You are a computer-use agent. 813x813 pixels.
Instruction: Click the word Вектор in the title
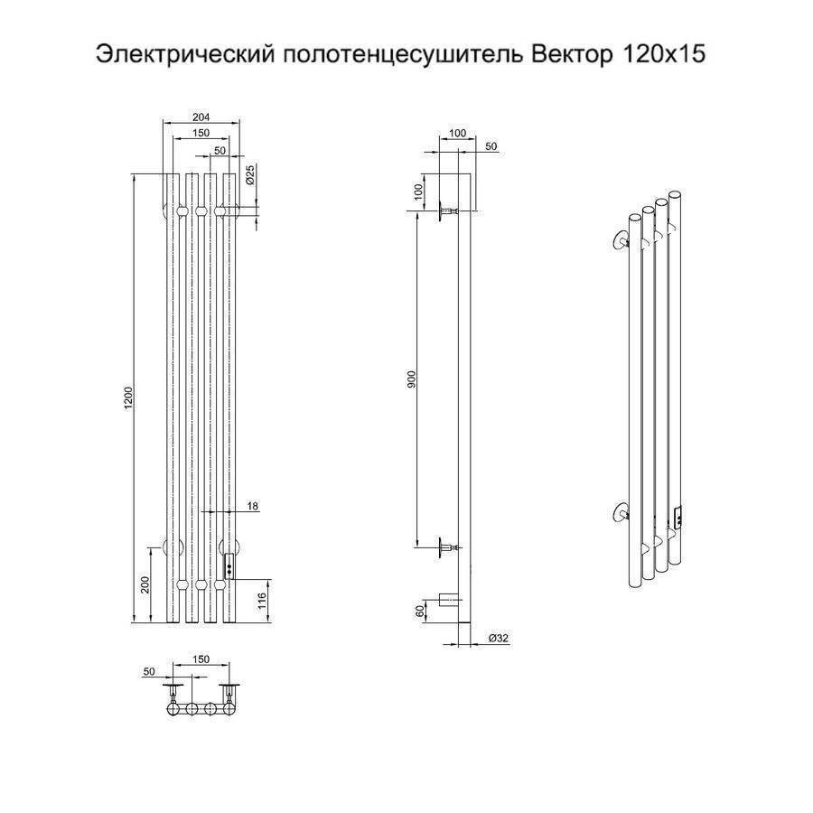(572, 54)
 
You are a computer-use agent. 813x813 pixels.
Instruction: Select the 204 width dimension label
(201, 117)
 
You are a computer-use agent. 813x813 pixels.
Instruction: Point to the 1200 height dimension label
(128, 397)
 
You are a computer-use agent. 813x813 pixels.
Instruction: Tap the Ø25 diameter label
(249, 174)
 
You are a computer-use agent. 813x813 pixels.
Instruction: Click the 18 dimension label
(253, 506)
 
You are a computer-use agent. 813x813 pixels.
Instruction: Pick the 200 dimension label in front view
(145, 584)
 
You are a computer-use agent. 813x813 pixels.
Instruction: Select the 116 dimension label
(262, 601)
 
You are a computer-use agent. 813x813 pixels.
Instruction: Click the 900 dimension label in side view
(412, 379)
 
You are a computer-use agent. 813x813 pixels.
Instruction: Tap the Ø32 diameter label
(499, 639)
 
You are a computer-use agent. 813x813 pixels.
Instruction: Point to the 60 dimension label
(420, 611)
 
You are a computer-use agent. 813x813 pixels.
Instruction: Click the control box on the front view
(229, 566)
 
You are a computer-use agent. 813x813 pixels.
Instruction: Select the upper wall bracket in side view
(448, 211)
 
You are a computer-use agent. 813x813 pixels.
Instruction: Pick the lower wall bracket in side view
(448, 547)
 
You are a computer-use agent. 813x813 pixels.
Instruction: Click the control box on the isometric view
(677, 518)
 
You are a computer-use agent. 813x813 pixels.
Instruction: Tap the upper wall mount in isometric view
(620, 240)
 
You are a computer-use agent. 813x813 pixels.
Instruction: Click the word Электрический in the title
(185, 54)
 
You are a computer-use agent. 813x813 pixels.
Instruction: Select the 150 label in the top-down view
(201, 659)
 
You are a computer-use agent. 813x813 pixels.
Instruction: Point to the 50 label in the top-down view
(149, 671)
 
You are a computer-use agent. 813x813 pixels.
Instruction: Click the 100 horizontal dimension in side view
(457, 134)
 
